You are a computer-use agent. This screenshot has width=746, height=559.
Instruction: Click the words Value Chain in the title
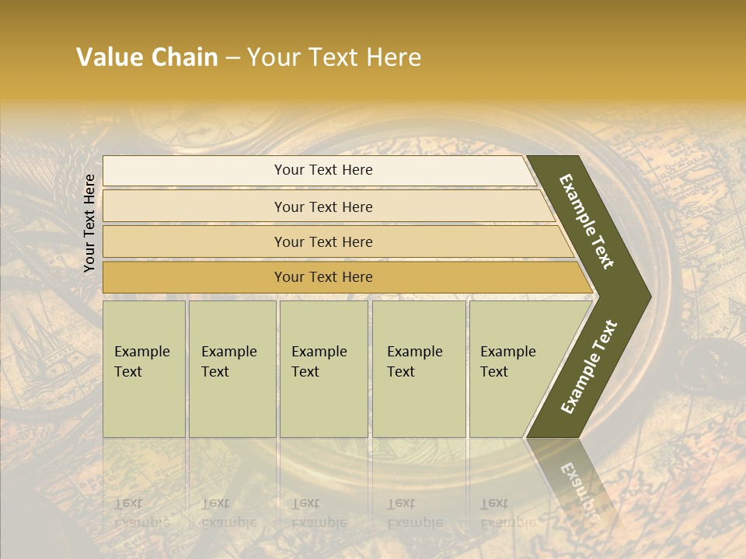point(147,57)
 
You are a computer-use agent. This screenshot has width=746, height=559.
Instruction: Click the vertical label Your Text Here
point(89,223)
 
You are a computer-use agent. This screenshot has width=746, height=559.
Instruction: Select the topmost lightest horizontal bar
point(319,171)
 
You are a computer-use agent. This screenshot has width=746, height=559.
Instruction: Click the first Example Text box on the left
point(144,369)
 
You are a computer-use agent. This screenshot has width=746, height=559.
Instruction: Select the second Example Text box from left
point(232,369)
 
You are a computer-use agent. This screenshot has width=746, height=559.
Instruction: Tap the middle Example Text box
point(323,369)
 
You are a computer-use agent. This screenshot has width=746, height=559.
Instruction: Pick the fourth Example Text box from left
point(419,369)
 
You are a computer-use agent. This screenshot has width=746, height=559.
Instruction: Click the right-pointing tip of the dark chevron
point(641,297)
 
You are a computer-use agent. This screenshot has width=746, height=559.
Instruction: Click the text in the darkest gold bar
point(323,277)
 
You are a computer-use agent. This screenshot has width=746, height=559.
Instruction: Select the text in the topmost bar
point(323,170)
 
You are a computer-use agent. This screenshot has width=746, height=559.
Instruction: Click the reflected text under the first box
point(140,512)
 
